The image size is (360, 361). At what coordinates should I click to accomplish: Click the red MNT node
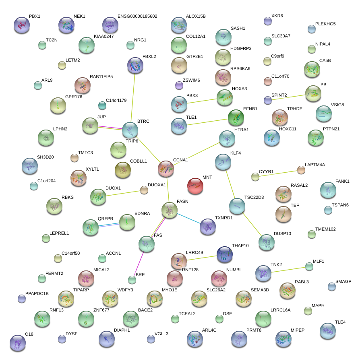(x=195, y=186)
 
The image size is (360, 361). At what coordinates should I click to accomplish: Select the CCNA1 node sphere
(x=166, y=169)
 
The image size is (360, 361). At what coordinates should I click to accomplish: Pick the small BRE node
(x=132, y=279)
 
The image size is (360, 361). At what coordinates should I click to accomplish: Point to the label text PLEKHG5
(x=325, y=24)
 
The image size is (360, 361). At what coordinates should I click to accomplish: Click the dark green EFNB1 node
(x=236, y=118)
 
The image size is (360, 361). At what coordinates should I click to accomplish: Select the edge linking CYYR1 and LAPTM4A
(x=278, y=173)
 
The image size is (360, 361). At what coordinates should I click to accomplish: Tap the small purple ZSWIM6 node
(x=179, y=85)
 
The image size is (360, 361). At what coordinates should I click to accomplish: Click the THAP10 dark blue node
(x=224, y=254)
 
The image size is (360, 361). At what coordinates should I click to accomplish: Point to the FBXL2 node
(x=135, y=65)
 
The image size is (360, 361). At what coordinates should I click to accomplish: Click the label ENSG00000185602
(x=137, y=17)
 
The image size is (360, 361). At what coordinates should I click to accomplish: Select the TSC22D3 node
(x=237, y=206)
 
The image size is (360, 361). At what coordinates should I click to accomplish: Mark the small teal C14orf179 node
(x=102, y=106)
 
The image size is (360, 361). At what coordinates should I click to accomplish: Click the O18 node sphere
(x=17, y=343)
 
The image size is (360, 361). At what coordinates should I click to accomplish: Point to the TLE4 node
(x=327, y=331)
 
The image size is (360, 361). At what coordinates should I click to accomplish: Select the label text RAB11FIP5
(x=101, y=76)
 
